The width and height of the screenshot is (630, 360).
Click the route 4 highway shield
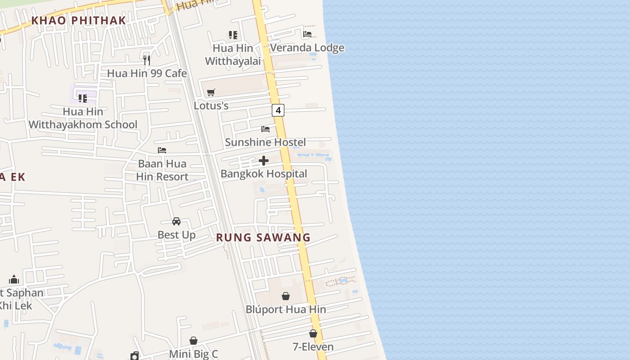click(x=278, y=110)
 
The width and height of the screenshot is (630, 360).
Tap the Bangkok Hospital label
click(x=264, y=174)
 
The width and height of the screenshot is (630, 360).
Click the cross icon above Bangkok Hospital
click(x=264, y=161)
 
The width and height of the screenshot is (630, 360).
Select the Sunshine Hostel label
click(x=265, y=142)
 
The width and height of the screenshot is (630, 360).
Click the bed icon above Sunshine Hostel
click(x=265, y=129)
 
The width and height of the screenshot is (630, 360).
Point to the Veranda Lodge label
click(x=307, y=48)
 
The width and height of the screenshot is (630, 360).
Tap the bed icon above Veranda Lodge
click(x=307, y=34)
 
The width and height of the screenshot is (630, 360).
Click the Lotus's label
click(x=211, y=106)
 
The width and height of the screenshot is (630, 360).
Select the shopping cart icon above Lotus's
click(x=211, y=93)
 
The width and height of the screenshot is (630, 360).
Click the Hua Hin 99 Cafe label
click(x=147, y=73)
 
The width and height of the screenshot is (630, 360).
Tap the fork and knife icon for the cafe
click(x=146, y=60)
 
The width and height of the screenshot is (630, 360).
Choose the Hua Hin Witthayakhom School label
click(x=83, y=118)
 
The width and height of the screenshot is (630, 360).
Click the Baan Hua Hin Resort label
click(x=162, y=170)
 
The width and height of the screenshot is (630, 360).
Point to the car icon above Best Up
click(x=176, y=221)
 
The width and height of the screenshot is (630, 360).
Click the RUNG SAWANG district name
click(x=263, y=238)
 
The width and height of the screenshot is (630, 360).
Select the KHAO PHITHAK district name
click(x=79, y=20)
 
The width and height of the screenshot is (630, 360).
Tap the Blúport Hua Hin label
click(x=286, y=310)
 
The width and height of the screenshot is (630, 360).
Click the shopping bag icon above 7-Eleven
click(x=313, y=334)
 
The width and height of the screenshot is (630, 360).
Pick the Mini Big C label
click(x=193, y=354)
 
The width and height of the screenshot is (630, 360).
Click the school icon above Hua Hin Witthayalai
click(x=233, y=35)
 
